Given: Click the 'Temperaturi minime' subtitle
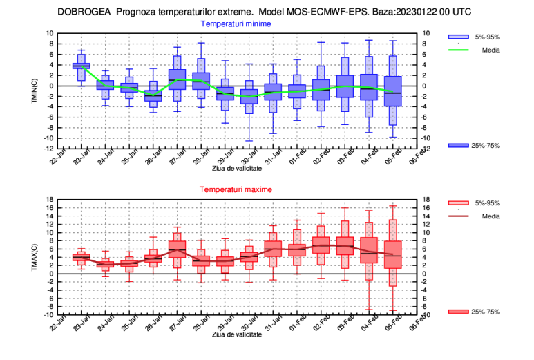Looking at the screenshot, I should click(x=236, y=23).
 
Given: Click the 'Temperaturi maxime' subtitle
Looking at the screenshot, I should click(x=236, y=189).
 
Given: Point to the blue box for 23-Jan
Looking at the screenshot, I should click(x=82, y=66).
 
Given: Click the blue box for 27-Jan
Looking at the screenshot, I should click(x=178, y=79).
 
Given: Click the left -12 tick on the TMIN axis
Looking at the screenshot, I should click(x=48, y=149).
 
